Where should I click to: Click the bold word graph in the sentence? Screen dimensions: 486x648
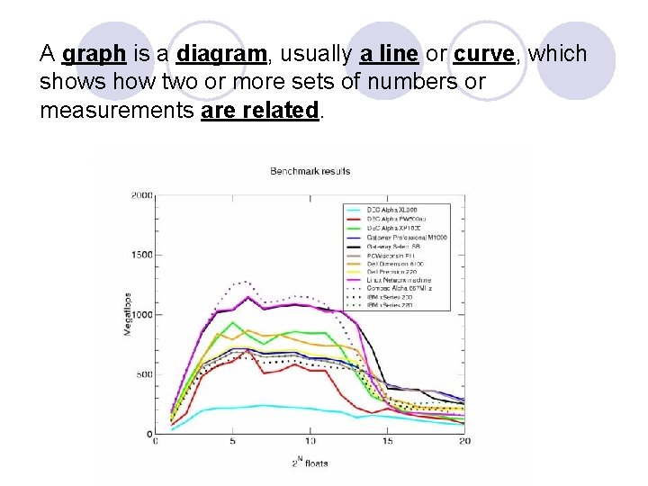94,55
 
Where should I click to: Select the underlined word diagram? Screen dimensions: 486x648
221,55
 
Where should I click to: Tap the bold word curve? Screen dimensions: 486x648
483,55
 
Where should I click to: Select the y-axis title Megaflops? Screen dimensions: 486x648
128,314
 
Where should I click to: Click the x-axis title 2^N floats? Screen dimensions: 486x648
310,463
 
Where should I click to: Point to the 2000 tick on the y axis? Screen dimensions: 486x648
142,194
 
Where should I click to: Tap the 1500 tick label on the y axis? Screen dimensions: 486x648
142,255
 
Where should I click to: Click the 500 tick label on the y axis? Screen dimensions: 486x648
144,374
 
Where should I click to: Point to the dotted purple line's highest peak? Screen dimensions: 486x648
245,283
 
